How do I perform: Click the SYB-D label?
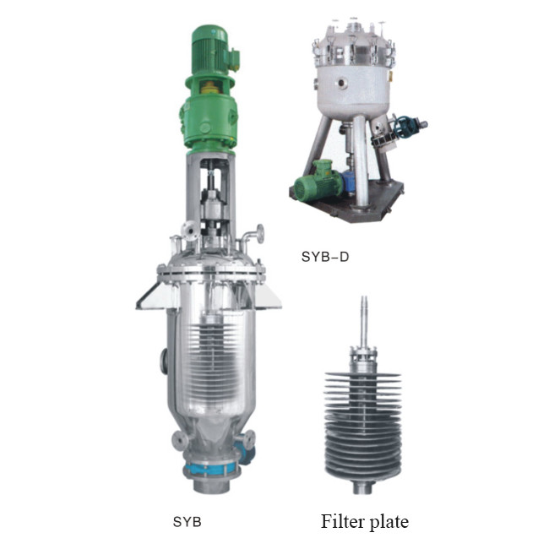(325, 255)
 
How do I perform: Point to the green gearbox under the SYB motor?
(207, 118)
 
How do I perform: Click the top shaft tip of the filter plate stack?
(363, 304)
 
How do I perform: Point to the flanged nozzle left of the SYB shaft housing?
(188, 230)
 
